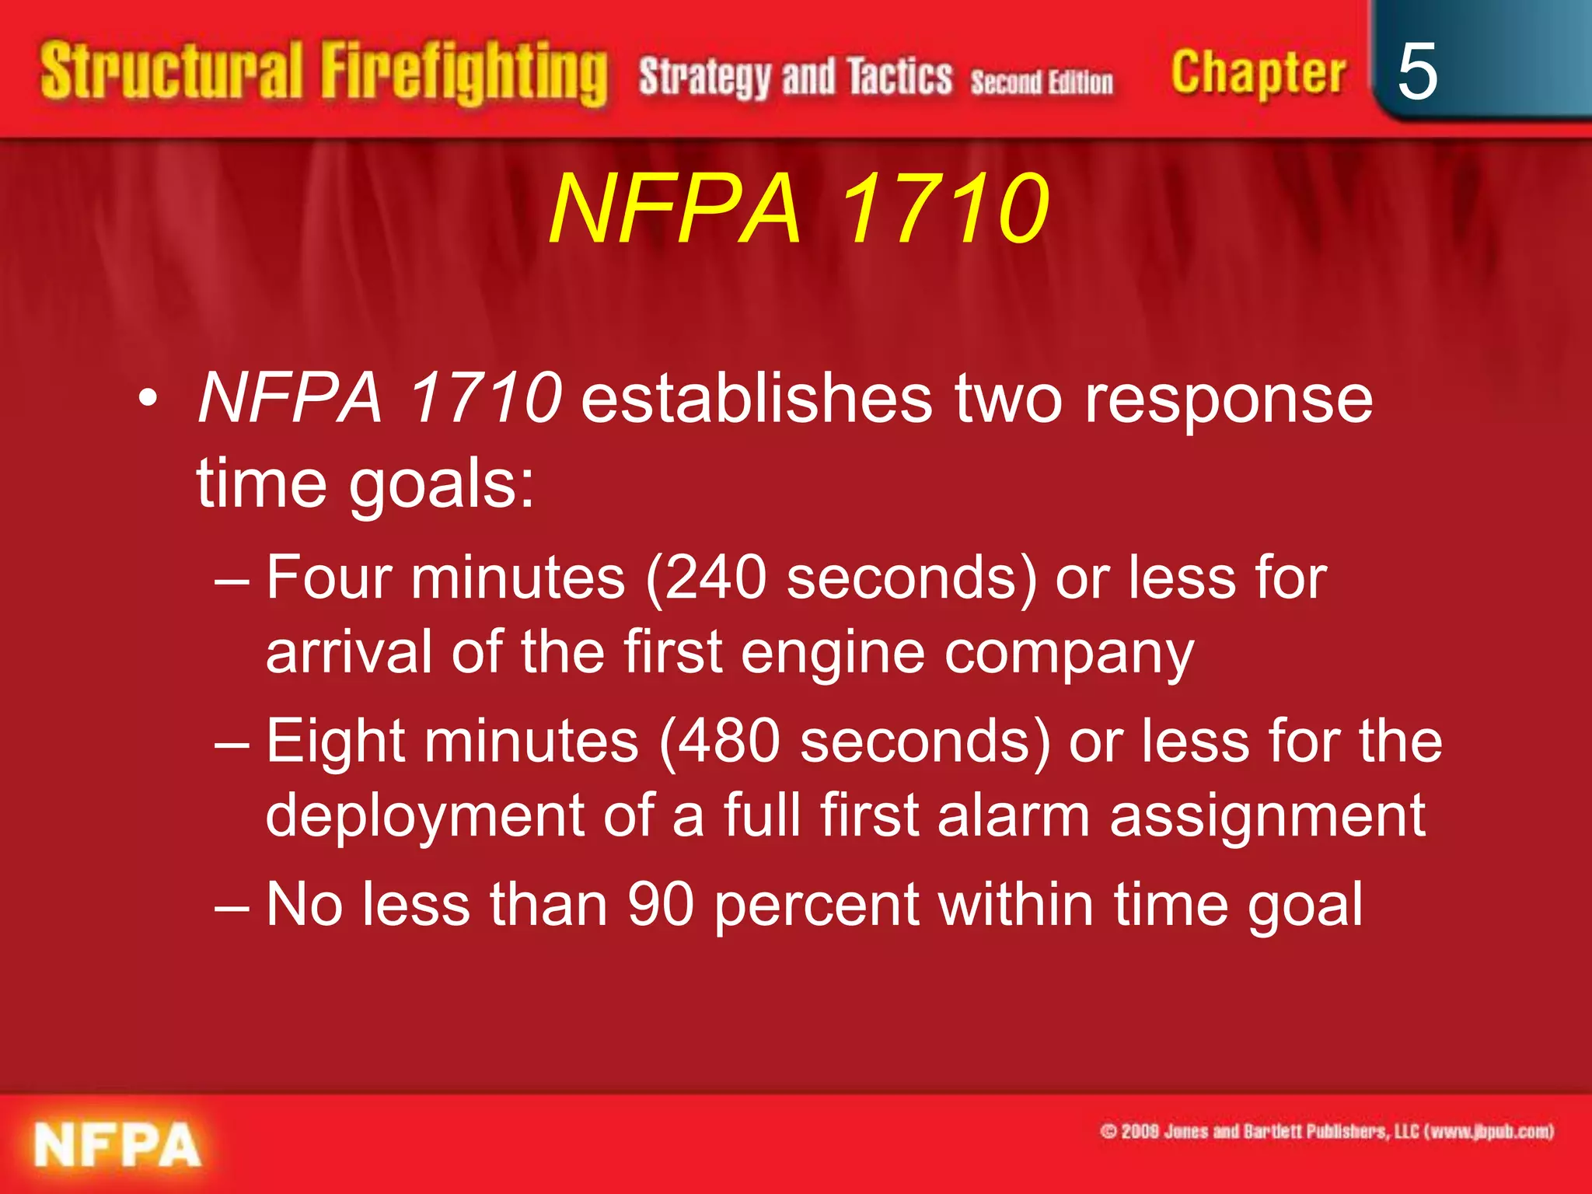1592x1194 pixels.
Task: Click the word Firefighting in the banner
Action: point(464,74)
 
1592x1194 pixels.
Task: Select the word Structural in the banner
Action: point(171,72)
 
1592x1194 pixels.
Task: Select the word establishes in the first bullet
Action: point(756,398)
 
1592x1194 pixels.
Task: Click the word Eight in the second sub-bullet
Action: point(336,741)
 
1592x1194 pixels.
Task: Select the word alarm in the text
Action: point(1014,815)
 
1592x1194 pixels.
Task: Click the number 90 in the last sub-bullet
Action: point(660,904)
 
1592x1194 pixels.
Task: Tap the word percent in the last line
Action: point(816,906)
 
